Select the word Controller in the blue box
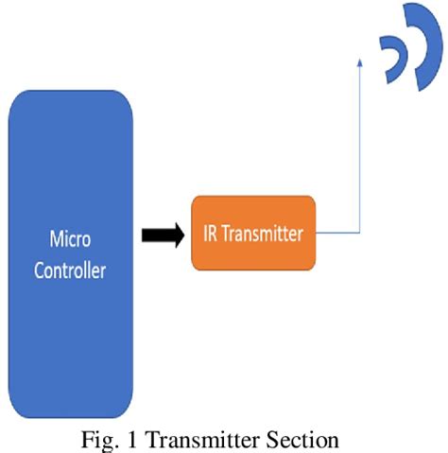click(69, 270)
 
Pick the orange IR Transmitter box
click(252, 233)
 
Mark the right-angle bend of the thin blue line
click(360, 233)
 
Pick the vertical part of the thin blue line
click(360, 151)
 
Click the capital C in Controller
click(40, 270)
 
